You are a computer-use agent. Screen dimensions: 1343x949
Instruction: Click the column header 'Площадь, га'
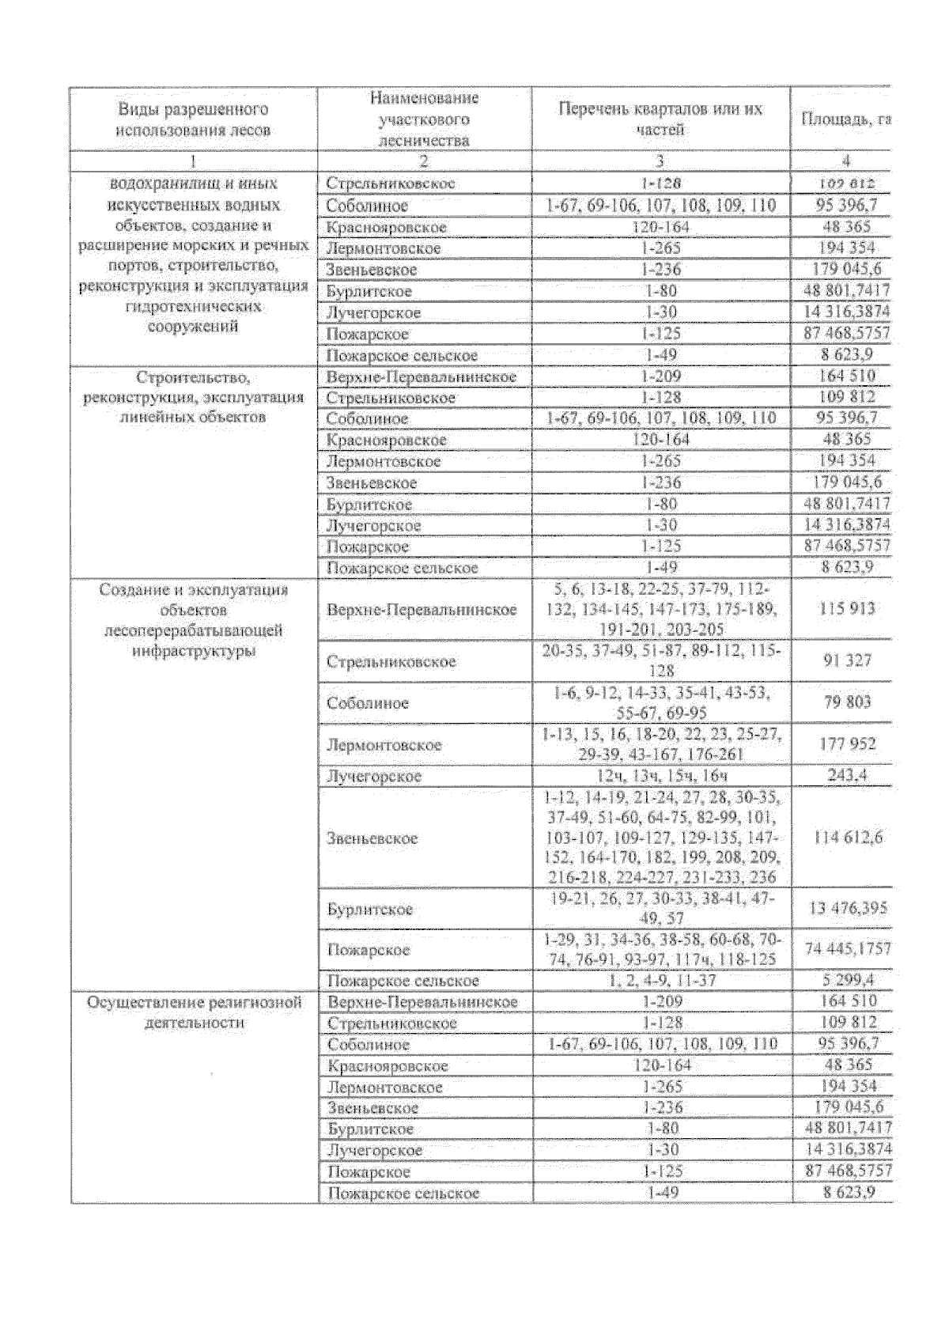coord(845,120)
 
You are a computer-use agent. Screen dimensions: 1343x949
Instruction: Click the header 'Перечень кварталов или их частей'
coord(660,119)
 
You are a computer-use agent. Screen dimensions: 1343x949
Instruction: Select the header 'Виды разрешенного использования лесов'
coord(194,119)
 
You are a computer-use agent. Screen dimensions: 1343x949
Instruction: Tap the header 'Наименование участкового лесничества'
coord(424,119)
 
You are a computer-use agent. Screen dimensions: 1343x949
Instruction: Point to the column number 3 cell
coord(660,161)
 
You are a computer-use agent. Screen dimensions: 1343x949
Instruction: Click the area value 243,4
coord(845,775)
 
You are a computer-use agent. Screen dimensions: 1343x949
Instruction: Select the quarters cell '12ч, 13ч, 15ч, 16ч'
coord(661,775)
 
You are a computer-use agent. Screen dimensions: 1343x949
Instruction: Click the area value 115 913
coord(845,609)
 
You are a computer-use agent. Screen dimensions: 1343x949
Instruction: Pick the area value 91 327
coord(845,661)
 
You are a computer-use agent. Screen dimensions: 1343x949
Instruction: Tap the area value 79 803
coord(845,702)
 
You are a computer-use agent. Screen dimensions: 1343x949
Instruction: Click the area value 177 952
coord(845,744)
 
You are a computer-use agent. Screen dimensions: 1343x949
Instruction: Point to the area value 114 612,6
coord(845,838)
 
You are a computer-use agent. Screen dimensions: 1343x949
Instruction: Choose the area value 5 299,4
coord(845,981)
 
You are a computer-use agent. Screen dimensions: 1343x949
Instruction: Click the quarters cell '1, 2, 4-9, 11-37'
coord(661,981)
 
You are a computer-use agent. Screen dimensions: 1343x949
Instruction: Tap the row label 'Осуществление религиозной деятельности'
coord(194,1012)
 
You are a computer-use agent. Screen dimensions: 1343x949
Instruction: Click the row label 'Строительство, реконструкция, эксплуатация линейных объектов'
coord(194,397)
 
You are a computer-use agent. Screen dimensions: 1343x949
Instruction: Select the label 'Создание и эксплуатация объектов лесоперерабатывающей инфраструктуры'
coord(194,620)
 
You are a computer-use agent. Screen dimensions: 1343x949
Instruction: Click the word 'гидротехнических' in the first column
coord(194,306)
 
